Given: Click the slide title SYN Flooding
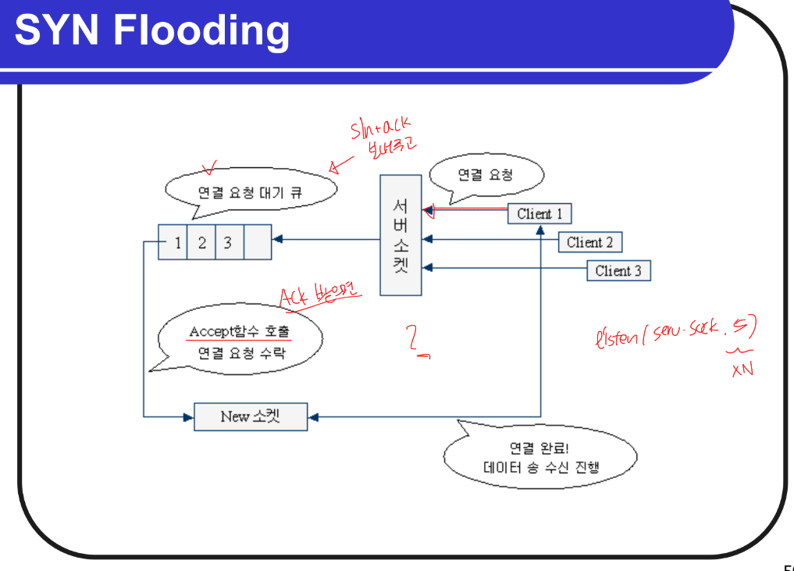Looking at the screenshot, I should tap(152, 31).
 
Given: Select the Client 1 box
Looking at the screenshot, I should tap(539, 213).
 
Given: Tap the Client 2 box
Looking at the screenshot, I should tap(589, 242).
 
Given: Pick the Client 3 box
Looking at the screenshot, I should tap(618, 271).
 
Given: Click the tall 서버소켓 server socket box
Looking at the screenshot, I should tap(401, 235).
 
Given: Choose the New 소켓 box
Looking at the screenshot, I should tap(250, 416).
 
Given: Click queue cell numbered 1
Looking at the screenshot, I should tap(177, 243).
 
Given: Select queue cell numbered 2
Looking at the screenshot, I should tap(202, 243).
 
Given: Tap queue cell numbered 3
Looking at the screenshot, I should tap(228, 243).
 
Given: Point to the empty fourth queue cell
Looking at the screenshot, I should tap(257, 243).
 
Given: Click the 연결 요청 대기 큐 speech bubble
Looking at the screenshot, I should tap(250, 191).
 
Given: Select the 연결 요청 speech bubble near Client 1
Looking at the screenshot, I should tap(486, 175).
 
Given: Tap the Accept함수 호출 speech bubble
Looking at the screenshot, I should tap(240, 341).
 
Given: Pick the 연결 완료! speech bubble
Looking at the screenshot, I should tap(539, 459).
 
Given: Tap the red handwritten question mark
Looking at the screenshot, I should tap(416, 341).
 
